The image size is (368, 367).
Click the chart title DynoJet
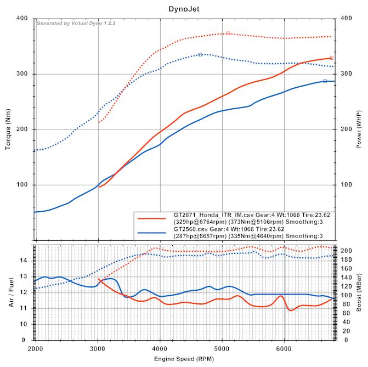184,8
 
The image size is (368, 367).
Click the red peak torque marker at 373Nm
228,33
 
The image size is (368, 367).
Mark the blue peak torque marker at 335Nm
200,54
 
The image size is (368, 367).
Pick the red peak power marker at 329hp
331,58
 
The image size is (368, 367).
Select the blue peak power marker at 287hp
325,81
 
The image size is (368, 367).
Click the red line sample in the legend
152,217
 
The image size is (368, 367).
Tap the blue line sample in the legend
152,233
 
